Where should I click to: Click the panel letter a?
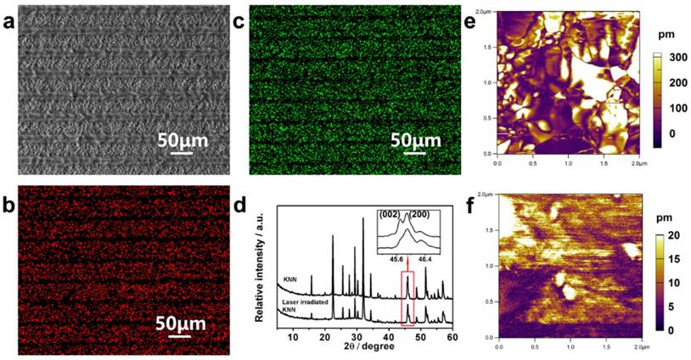click(9, 24)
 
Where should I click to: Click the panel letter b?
click(9, 205)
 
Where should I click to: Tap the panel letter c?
click(239, 24)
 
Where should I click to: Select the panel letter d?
click(240, 205)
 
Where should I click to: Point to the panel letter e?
click(475, 24)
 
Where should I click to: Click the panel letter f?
click(475, 205)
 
